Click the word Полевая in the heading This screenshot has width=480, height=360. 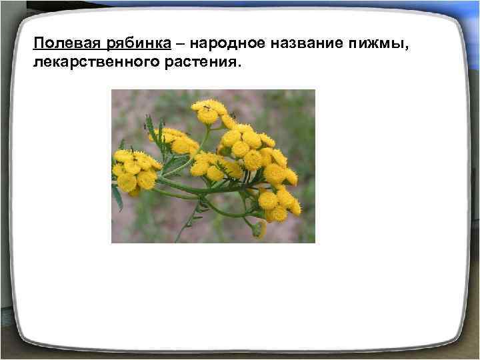[x=66, y=44]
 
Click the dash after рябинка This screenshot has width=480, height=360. [x=180, y=44]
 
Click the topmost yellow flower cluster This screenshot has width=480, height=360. [x=209, y=111]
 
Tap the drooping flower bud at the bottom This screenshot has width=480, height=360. [x=259, y=229]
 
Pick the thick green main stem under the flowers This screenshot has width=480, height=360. [x=200, y=189]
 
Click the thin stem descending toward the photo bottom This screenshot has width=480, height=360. [x=187, y=223]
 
